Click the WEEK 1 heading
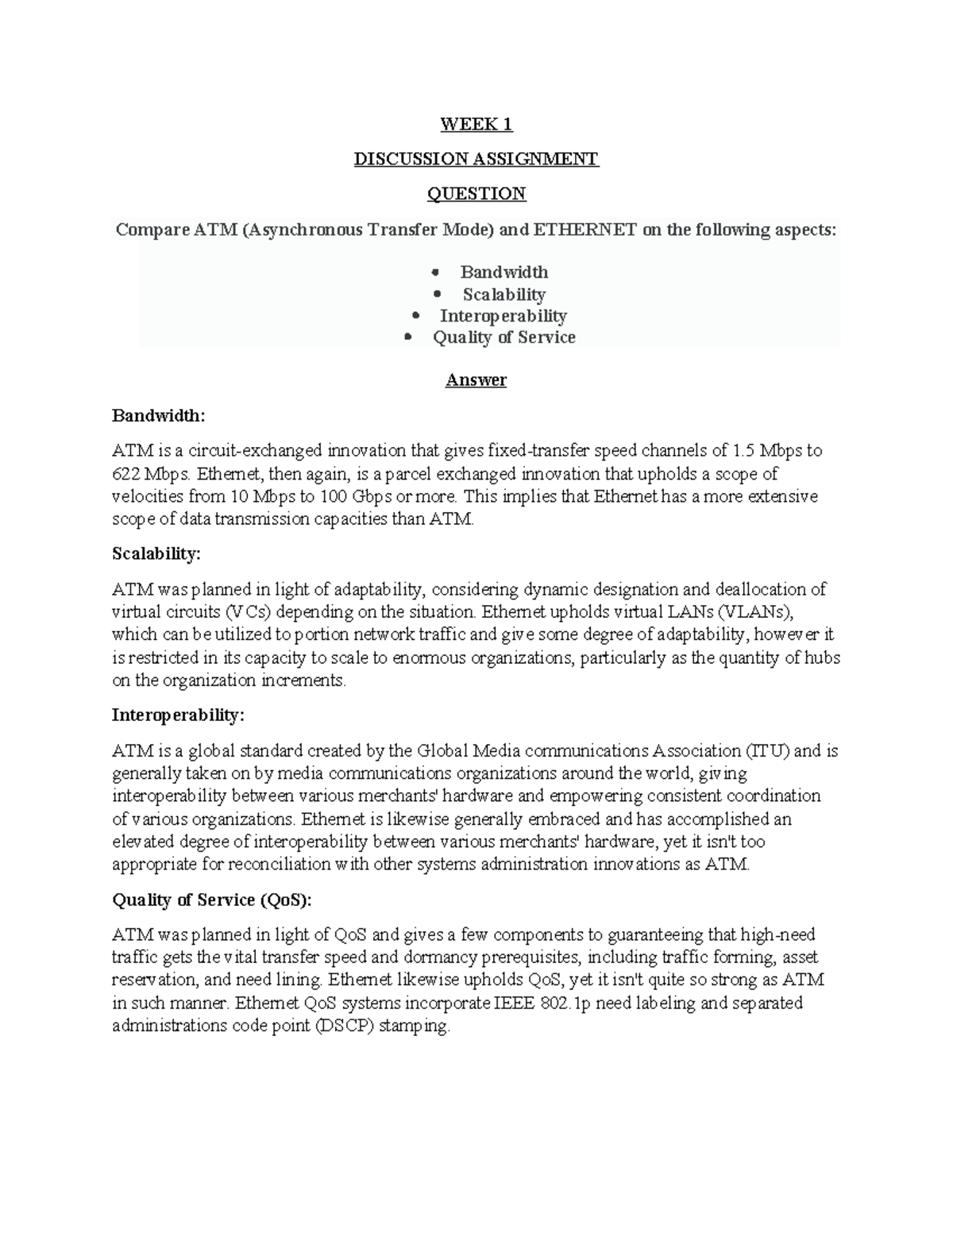pos(476,124)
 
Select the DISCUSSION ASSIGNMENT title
pos(476,159)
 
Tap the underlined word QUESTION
pos(476,194)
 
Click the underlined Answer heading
pos(476,380)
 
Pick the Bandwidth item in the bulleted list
pos(504,272)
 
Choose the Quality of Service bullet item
pos(504,337)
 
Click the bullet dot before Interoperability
pos(416,316)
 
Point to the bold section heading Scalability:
pos(156,553)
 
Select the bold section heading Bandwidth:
pos(158,415)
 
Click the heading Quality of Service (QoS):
pos(212,900)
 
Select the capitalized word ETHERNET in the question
pos(585,230)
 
